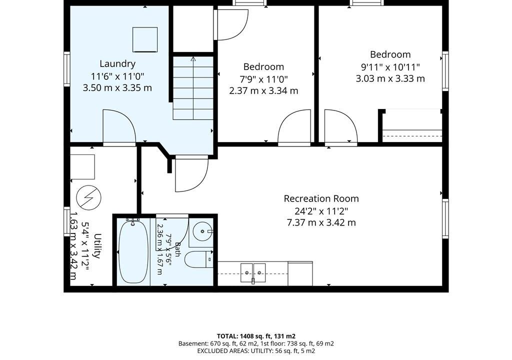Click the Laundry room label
(x=117, y=63)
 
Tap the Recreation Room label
(x=321, y=198)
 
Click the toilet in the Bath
(x=198, y=259)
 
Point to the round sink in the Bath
(x=203, y=231)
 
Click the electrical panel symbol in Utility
(x=88, y=197)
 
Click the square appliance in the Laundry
(x=145, y=39)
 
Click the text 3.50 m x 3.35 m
(x=117, y=88)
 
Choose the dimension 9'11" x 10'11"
(x=390, y=67)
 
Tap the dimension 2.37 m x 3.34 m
(x=264, y=90)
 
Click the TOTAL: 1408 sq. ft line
(x=256, y=336)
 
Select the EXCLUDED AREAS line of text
(x=256, y=351)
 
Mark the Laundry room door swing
(x=119, y=127)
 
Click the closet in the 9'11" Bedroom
(x=412, y=126)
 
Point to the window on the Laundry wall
(x=67, y=69)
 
